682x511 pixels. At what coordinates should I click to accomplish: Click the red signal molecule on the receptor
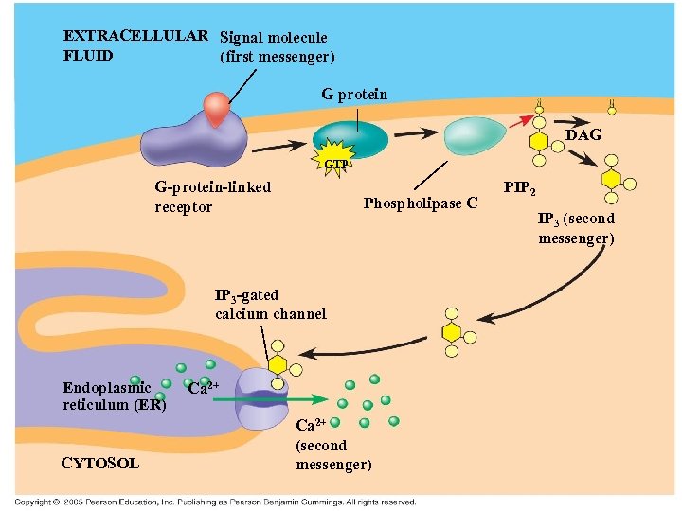click(219, 110)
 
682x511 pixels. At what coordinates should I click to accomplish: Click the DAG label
click(583, 135)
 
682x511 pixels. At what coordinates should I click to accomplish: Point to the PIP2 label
click(520, 188)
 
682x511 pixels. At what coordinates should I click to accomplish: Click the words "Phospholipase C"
click(421, 203)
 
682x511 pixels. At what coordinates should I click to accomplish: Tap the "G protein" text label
click(354, 94)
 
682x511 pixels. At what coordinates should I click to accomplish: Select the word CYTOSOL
click(100, 463)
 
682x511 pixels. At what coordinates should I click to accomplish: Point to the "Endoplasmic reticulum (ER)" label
click(114, 396)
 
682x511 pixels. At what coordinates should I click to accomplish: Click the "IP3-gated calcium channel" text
click(270, 305)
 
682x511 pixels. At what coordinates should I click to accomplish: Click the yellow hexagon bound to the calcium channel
click(278, 364)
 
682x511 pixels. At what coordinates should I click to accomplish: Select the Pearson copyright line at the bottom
click(215, 502)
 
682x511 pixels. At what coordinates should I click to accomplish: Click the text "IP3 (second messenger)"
click(576, 228)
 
